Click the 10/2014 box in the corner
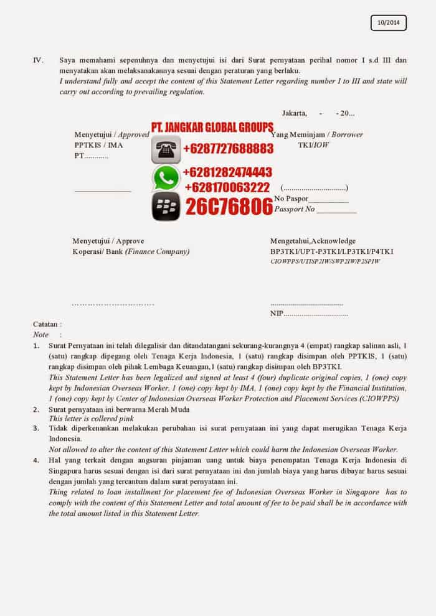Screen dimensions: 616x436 coord(388,23)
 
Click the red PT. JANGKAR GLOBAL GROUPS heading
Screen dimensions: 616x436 coord(212,128)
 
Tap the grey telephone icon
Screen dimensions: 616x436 coord(166,149)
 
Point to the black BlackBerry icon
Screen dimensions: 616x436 coord(166,207)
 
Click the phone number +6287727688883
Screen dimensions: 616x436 coord(228,149)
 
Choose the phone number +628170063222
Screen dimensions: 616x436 coord(227,187)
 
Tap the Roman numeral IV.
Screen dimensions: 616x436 coord(38,60)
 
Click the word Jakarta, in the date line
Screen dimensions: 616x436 coord(294,113)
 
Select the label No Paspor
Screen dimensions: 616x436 coord(290,198)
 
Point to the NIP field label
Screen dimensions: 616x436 coord(277,314)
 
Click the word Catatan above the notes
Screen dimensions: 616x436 coord(47,324)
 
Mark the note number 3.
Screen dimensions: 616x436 coord(36,429)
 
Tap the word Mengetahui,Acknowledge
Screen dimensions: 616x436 coord(313,241)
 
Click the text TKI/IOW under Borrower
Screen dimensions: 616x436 coord(313,145)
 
